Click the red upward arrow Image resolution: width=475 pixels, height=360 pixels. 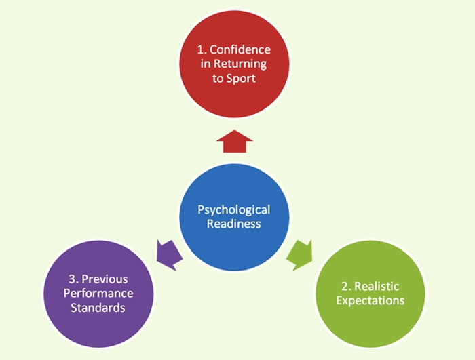(x=235, y=142)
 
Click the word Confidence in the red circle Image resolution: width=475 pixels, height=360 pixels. (x=240, y=49)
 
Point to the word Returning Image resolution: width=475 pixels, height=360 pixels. (x=240, y=64)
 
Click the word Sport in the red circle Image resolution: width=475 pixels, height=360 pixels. (x=242, y=79)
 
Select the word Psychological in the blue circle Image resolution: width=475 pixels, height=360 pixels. (x=234, y=209)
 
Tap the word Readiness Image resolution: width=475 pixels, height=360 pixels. (x=234, y=224)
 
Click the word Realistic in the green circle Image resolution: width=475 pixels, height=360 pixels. (x=377, y=286)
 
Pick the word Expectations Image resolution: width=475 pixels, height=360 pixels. (x=370, y=300)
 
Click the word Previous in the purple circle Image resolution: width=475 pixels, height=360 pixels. (x=104, y=279)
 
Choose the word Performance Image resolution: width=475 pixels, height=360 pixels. (x=98, y=294)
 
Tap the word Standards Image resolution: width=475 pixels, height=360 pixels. (x=98, y=308)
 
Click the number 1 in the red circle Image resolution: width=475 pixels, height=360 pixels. (x=201, y=49)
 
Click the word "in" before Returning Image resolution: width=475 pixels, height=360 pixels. (x=205, y=64)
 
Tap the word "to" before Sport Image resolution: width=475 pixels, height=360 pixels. (x=218, y=79)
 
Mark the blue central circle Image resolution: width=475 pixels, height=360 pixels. (x=234, y=217)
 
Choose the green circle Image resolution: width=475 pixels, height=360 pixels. (x=370, y=294)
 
